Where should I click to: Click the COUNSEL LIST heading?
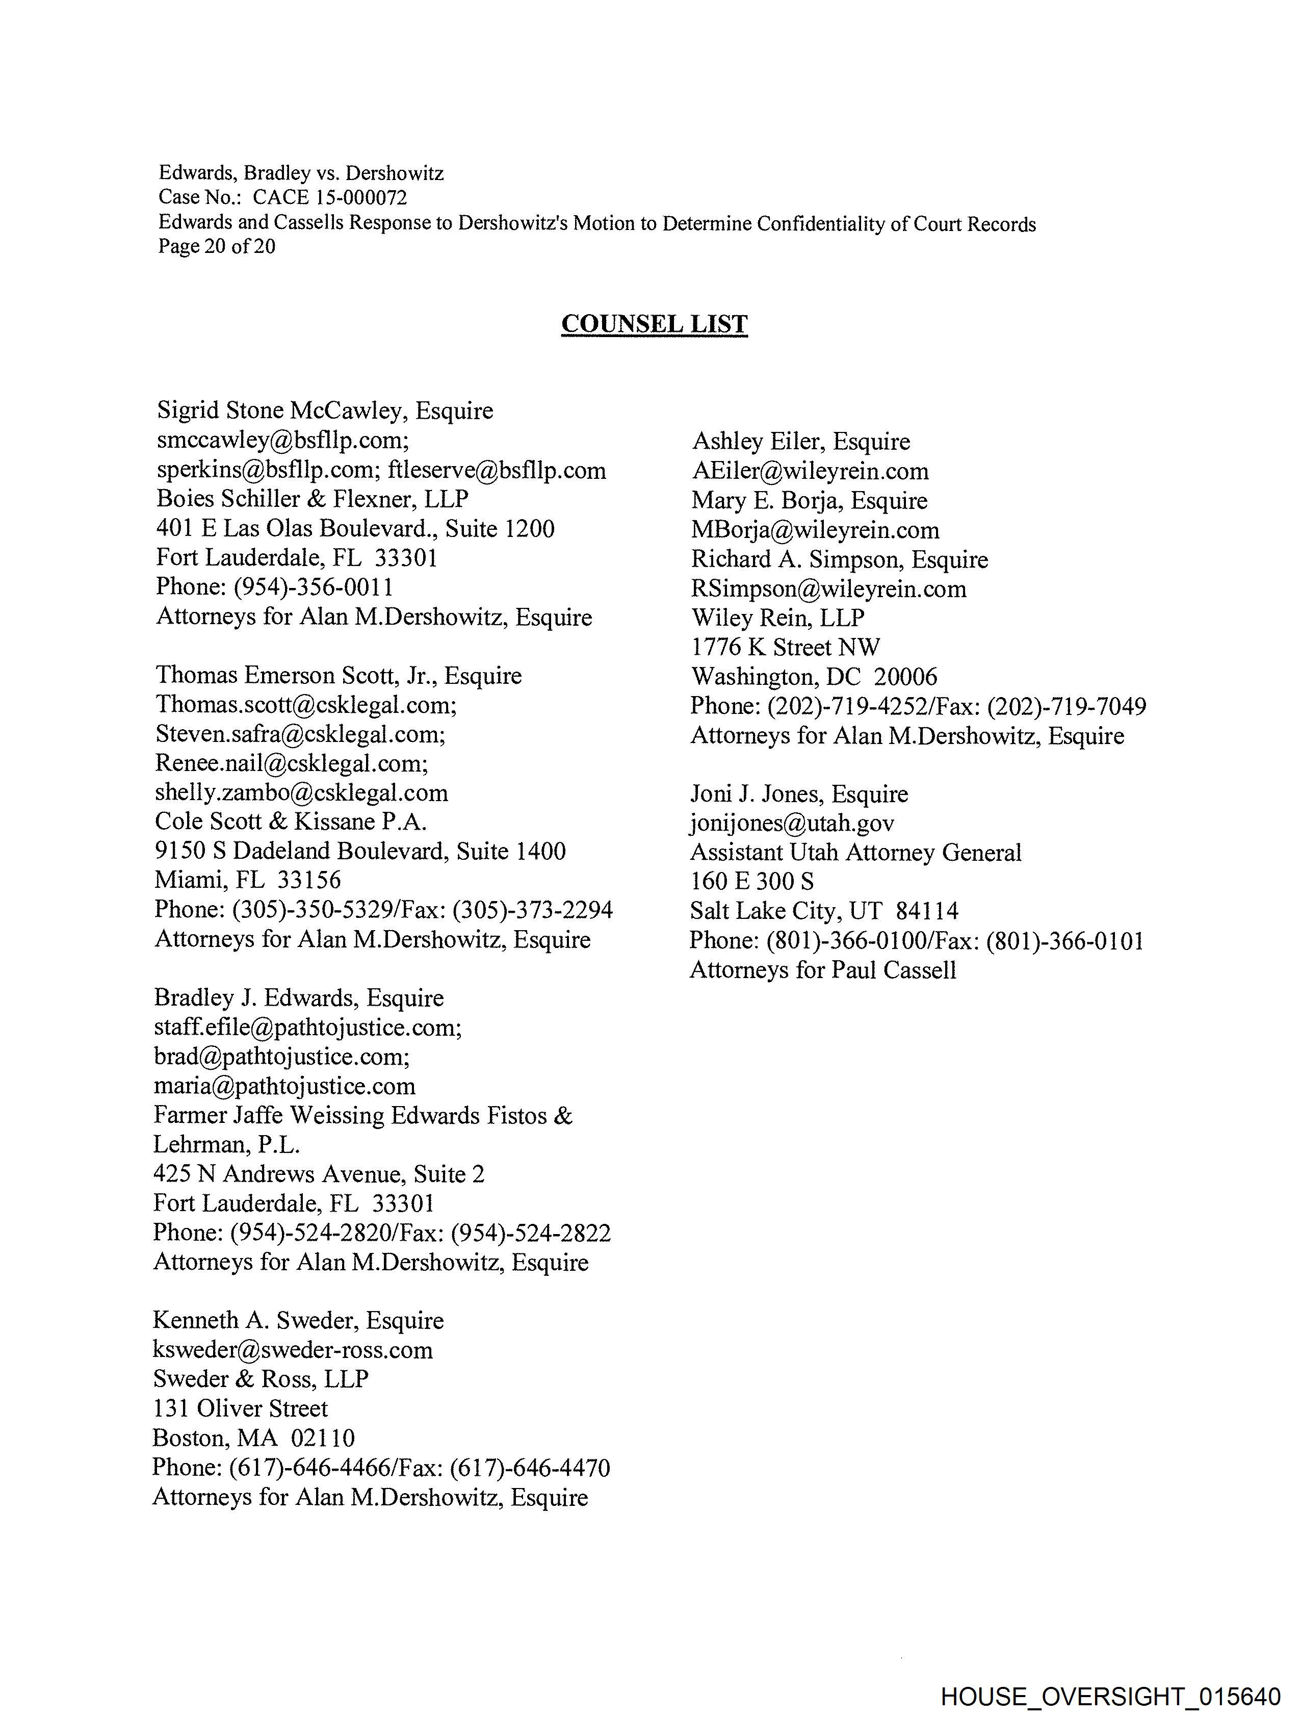[x=654, y=324]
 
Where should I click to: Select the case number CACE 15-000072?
[x=329, y=197]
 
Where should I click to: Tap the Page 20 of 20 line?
[x=217, y=246]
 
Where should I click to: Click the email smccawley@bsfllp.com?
[x=282, y=441]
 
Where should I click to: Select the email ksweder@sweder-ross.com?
[x=293, y=1350]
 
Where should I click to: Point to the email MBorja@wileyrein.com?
[x=815, y=530]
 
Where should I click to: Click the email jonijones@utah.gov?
[x=792, y=823]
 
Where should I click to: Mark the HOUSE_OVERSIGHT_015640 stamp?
[x=1110, y=1696]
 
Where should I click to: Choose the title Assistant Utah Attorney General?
[x=855, y=852]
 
